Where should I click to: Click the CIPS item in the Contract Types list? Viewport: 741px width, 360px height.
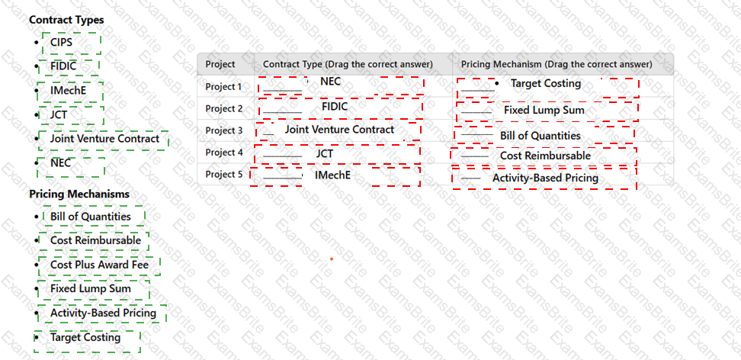[x=62, y=43]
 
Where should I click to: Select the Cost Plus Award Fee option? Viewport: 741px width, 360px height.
[x=99, y=265]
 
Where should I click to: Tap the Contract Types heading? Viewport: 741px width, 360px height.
[x=66, y=20]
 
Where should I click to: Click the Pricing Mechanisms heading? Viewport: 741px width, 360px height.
[x=79, y=194]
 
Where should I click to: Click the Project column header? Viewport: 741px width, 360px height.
[x=220, y=64]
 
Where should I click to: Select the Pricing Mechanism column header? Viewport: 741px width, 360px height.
[x=557, y=64]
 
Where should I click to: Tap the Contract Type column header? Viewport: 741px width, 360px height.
[x=348, y=64]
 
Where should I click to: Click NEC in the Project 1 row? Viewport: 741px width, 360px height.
[x=330, y=82]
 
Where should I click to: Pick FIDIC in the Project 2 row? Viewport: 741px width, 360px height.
[x=335, y=107]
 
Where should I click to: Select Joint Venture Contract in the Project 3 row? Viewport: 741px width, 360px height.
[x=339, y=130]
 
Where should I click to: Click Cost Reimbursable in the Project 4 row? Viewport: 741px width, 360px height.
[x=545, y=156]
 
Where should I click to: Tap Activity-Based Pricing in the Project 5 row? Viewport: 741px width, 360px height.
[x=545, y=178]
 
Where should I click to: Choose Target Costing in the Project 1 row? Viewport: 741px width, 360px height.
[x=546, y=84]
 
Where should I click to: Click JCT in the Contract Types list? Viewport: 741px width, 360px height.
[x=59, y=114]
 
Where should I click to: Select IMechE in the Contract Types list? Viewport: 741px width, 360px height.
[x=69, y=90]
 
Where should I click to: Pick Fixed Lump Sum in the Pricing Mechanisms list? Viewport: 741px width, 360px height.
[x=91, y=288]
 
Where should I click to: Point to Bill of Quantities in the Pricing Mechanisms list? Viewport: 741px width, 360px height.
[x=91, y=217]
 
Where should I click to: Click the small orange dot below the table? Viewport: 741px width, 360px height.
[x=332, y=259]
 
